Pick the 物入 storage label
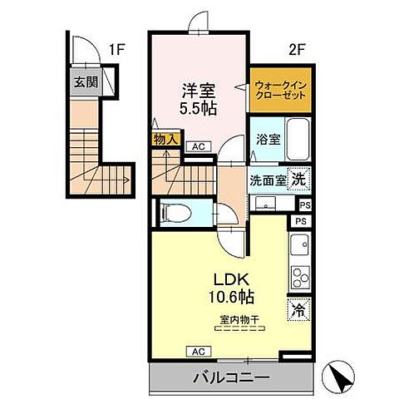click(x=165, y=140)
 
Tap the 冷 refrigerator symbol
click(x=298, y=308)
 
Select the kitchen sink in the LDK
click(x=298, y=245)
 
